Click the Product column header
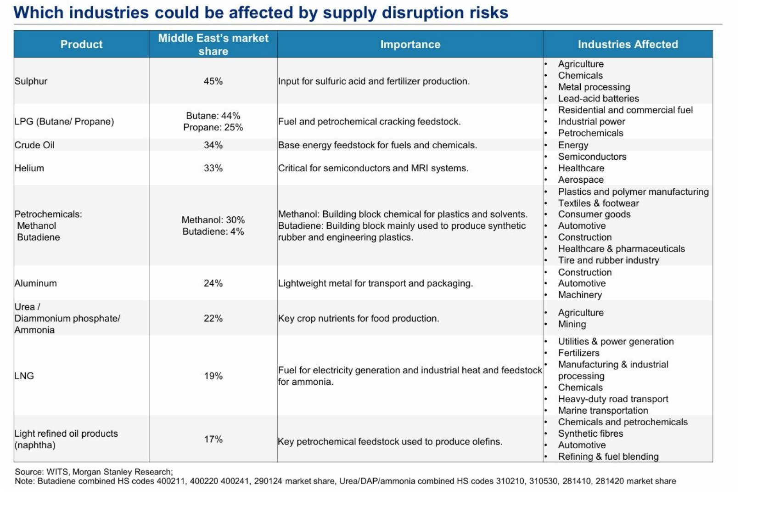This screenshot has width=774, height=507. (x=81, y=45)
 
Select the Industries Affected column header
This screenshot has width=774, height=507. (x=628, y=45)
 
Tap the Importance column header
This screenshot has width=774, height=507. (x=410, y=45)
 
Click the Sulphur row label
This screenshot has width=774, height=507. (x=31, y=81)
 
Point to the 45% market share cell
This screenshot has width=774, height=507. (x=213, y=81)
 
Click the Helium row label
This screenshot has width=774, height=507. (x=29, y=168)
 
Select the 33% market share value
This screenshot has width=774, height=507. (x=213, y=168)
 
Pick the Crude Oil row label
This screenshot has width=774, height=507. (x=34, y=145)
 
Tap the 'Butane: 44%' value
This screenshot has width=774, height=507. (x=213, y=116)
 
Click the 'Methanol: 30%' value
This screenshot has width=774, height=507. (x=213, y=220)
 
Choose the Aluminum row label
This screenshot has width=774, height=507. (x=35, y=283)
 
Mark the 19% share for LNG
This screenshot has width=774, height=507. (x=213, y=376)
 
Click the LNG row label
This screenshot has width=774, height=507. (x=24, y=376)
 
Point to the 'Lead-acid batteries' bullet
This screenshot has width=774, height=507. (x=598, y=98)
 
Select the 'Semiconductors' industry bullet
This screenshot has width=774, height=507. (x=592, y=157)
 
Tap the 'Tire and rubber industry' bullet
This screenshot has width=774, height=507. (x=608, y=260)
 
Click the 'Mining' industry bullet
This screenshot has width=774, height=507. (x=572, y=324)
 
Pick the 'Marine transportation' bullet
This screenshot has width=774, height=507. (x=603, y=411)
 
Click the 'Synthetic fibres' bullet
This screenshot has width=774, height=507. (x=590, y=434)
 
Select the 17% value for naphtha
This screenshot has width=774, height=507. (x=213, y=439)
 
